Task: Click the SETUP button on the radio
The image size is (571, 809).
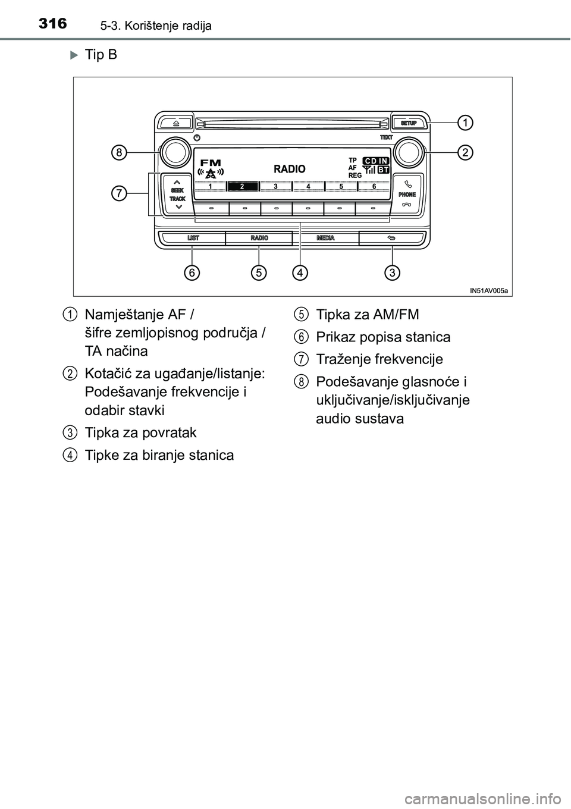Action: (x=408, y=123)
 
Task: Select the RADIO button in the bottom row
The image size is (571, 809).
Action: (x=259, y=238)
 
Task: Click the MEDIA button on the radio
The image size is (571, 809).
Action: (x=325, y=238)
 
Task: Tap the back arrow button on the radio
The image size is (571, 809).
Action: (x=392, y=238)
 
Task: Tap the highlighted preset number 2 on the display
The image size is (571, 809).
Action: (x=242, y=186)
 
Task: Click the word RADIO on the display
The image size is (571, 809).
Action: (x=290, y=169)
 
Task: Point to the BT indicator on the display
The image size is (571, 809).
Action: (x=383, y=170)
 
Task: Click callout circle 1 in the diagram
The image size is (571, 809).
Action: (x=466, y=123)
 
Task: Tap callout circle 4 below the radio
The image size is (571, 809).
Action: (x=300, y=273)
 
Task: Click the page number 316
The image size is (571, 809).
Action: (x=51, y=24)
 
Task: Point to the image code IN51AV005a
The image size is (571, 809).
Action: (x=489, y=290)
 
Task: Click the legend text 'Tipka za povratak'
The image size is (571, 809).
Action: (x=140, y=432)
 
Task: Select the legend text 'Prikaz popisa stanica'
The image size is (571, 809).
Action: (x=383, y=337)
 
